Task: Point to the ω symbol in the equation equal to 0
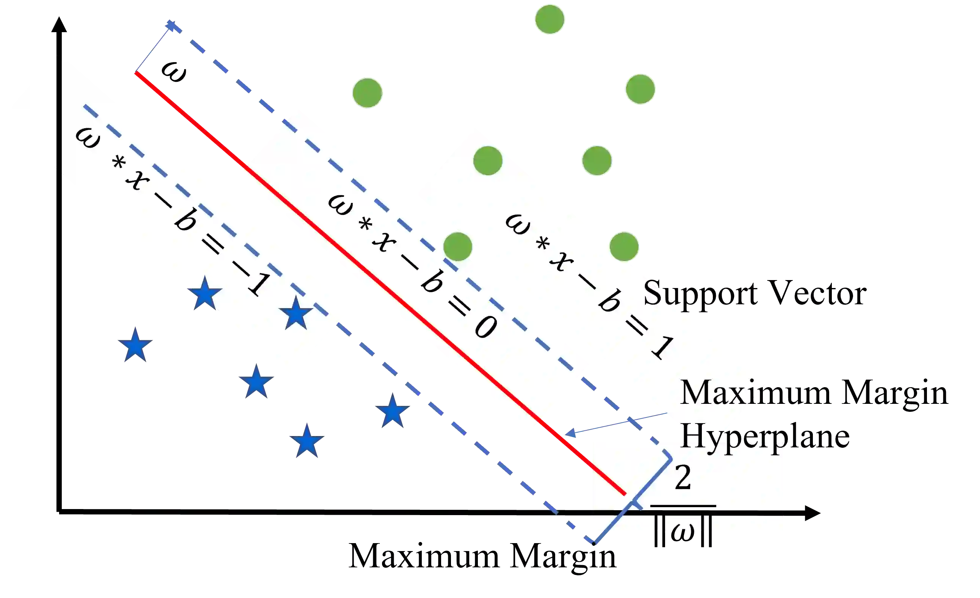340,205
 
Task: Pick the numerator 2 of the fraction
683,478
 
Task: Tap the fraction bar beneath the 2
683,506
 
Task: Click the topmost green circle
549,19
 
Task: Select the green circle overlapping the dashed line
458,247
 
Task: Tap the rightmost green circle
640,89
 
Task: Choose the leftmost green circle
367,93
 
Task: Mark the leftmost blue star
135,345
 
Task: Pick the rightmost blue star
393,412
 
